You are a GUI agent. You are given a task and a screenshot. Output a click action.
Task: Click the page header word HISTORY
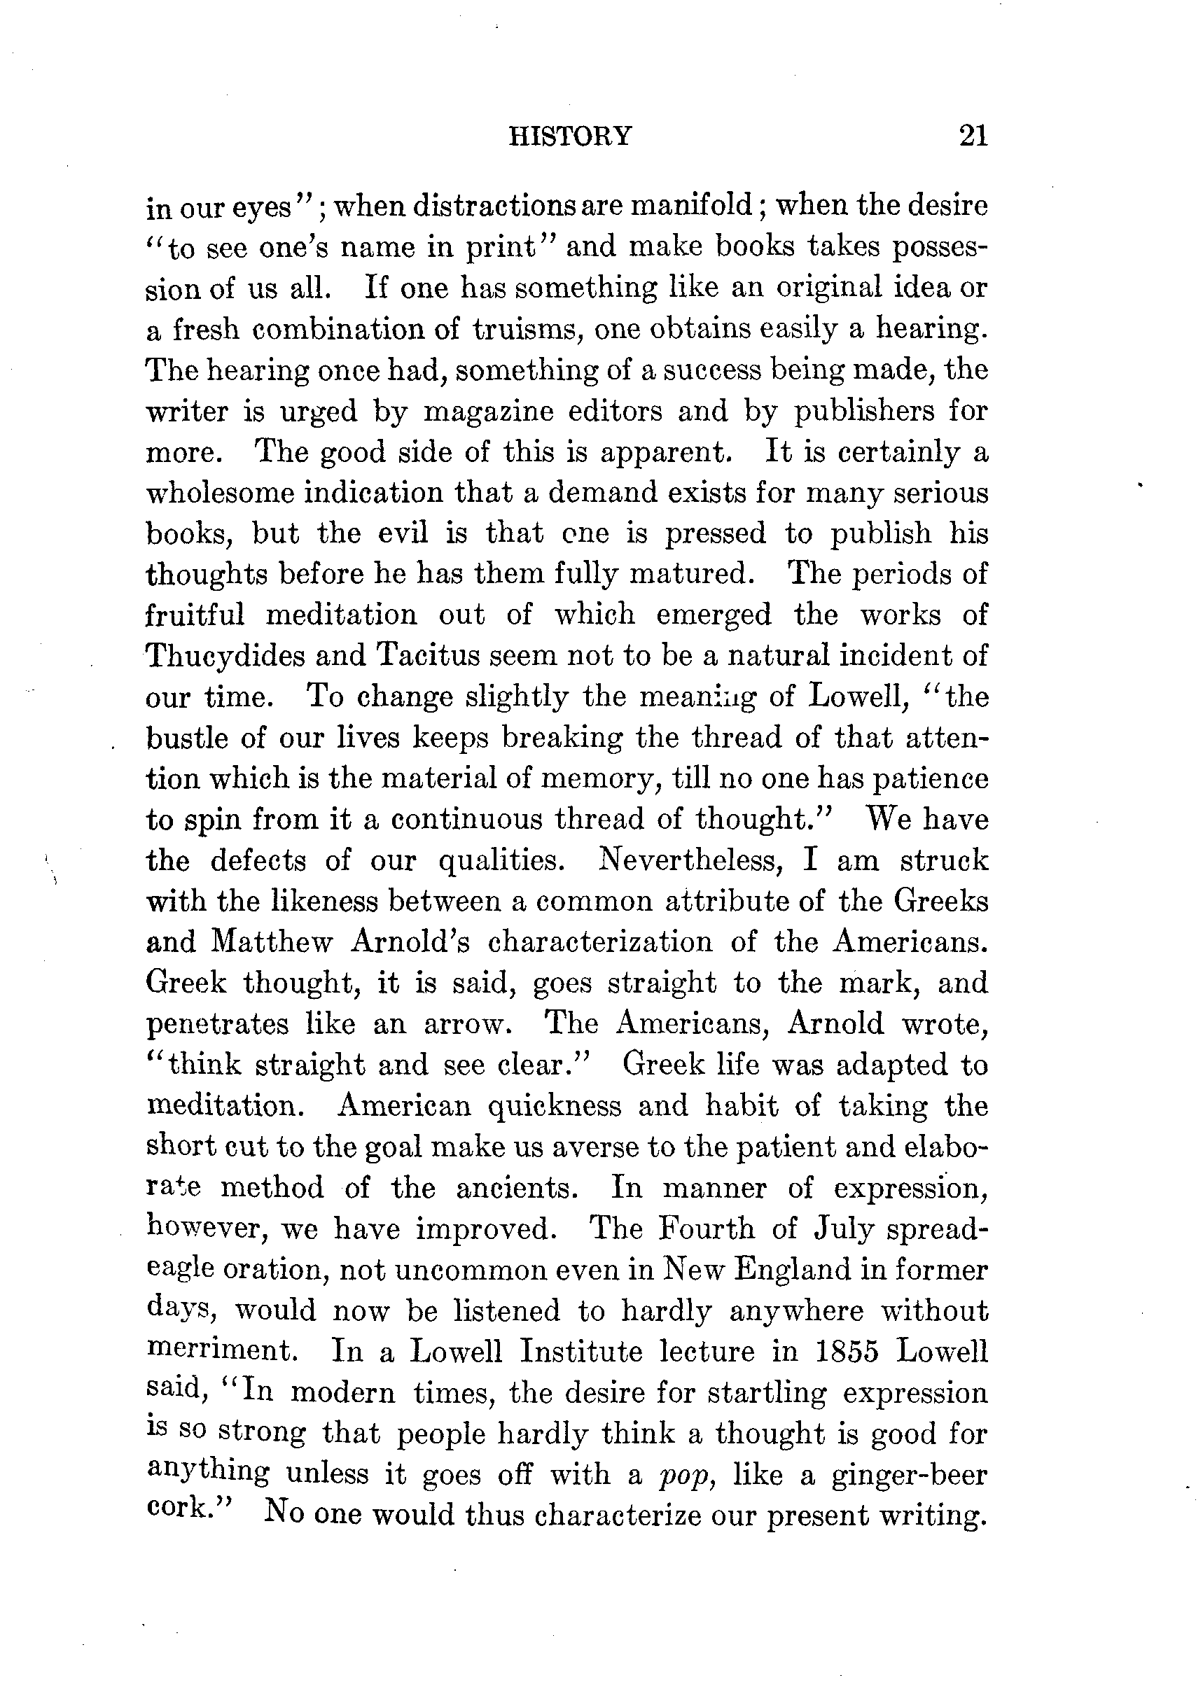point(570,136)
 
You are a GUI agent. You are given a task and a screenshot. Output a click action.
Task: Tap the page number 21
point(973,136)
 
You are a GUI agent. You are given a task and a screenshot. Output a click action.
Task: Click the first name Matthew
point(272,942)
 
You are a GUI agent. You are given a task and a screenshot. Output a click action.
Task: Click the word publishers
point(864,411)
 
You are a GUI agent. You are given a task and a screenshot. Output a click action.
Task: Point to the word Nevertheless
point(697,861)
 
